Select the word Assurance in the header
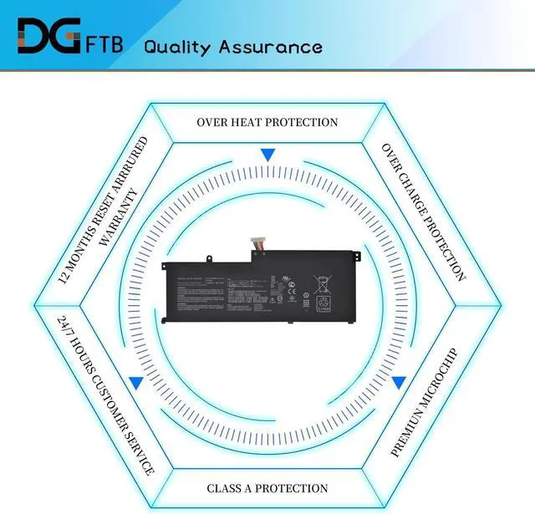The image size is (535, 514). pyautogui.click(x=271, y=46)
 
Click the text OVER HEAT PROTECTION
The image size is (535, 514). pyautogui.click(x=267, y=122)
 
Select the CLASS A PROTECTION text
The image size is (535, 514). pyautogui.click(x=267, y=488)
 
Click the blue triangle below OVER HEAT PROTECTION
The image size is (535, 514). pyautogui.click(x=267, y=155)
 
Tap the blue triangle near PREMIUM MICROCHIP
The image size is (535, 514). pyautogui.click(x=399, y=382)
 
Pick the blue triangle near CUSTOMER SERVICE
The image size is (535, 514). pyautogui.click(x=135, y=382)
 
